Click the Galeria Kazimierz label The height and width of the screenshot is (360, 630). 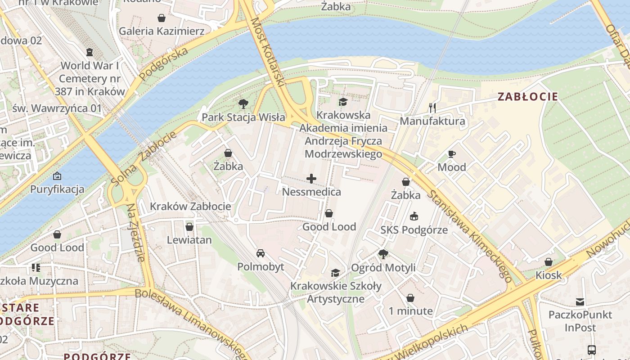[x=162, y=31]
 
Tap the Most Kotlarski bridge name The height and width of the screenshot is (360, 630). [x=268, y=52]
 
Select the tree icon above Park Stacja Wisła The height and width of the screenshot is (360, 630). [x=243, y=104]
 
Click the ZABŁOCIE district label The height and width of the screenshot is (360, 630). [x=528, y=97]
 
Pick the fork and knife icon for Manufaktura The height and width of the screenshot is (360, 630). [x=432, y=108]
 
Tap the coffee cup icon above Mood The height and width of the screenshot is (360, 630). [x=452, y=154]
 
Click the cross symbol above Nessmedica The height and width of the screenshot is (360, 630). [x=311, y=179]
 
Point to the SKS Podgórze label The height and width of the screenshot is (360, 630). [x=414, y=230]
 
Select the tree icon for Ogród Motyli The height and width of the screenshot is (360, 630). [x=383, y=254]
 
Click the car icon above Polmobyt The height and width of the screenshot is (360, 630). [x=261, y=253]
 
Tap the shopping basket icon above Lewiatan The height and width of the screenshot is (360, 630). [x=189, y=226]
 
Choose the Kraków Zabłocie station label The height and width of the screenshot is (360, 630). [x=190, y=207]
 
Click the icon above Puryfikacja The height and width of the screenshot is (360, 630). [x=57, y=175]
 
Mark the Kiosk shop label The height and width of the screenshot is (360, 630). [x=549, y=275]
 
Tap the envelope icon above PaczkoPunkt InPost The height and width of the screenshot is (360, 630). [x=580, y=301]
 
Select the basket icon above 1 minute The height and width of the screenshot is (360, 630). [x=410, y=298]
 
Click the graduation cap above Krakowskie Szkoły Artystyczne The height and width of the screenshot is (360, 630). [x=335, y=273]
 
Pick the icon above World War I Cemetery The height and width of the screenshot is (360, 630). [x=90, y=52]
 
